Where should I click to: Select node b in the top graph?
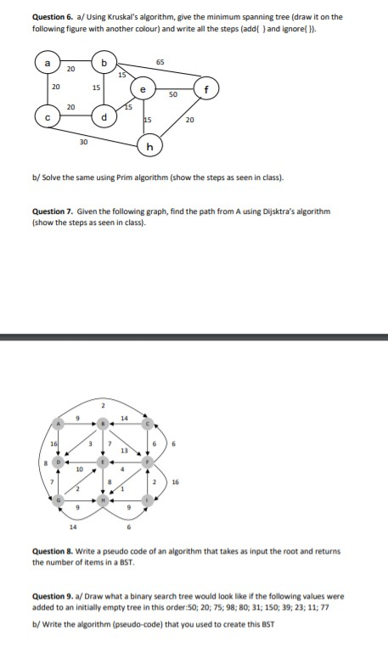pos(104,62)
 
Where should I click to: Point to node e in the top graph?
pos(143,87)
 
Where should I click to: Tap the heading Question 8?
pos(49,552)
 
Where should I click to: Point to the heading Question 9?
pos(49,594)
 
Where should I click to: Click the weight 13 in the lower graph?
pos(124,449)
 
